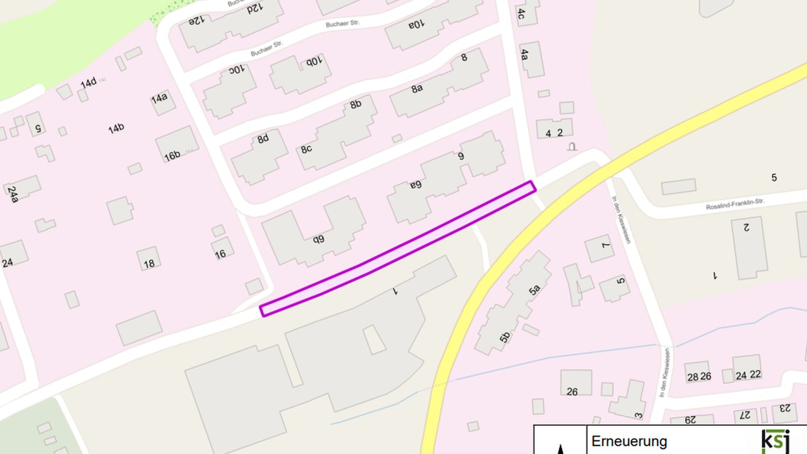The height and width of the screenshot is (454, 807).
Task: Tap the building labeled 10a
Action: pos(416,25)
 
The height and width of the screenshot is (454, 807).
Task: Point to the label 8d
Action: pos(263,139)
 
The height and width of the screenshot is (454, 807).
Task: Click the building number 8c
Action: pos(306,149)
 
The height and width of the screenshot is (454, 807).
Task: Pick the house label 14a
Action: pos(159,99)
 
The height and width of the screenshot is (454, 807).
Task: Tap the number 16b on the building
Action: pos(173,155)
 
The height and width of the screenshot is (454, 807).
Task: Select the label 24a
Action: pos(13,194)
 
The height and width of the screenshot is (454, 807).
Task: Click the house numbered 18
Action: pos(149,263)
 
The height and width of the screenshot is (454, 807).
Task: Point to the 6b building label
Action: pos(318,238)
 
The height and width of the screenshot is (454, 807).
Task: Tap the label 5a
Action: pos(535,291)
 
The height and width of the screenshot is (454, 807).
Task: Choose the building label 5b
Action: pos(505,338)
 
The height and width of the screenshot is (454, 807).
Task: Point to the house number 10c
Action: pos(238,69)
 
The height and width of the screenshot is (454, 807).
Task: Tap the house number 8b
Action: pos(356,104)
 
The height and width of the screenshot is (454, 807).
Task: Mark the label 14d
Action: pos(89,83)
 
